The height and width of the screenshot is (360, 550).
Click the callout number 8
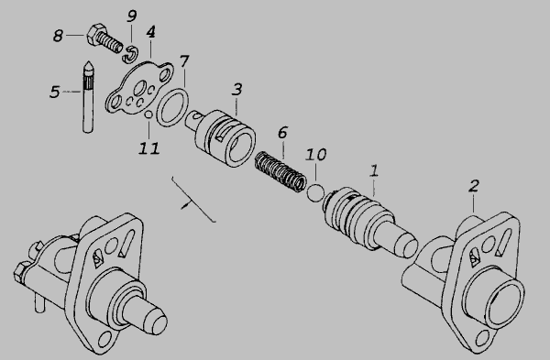point(59,36)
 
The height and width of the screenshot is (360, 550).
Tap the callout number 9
point(132,16)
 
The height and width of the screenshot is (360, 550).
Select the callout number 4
point(150,32)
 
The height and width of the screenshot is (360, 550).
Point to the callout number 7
point(184,61)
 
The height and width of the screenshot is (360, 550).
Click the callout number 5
point(55,92)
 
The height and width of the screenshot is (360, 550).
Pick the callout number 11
point(149,148)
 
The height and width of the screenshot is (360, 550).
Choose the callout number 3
point(237,90)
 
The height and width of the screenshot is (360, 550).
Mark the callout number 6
point(282,133)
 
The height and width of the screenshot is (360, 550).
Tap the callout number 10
point(315,154)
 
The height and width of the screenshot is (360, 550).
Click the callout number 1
point(374,170)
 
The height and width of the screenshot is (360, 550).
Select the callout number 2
point(474,186)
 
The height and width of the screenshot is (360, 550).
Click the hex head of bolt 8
point(95,34)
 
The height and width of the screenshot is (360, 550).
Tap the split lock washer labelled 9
point(131,54)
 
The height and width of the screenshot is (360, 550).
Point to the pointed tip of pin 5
point(88,62)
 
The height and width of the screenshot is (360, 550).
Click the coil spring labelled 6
point(280,171)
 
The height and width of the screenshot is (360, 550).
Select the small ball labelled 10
point(315,193)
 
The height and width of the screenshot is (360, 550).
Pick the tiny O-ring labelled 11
point(148,115)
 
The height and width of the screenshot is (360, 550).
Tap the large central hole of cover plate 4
point(140,88)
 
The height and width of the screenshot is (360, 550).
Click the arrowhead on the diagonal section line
point(184,206)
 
